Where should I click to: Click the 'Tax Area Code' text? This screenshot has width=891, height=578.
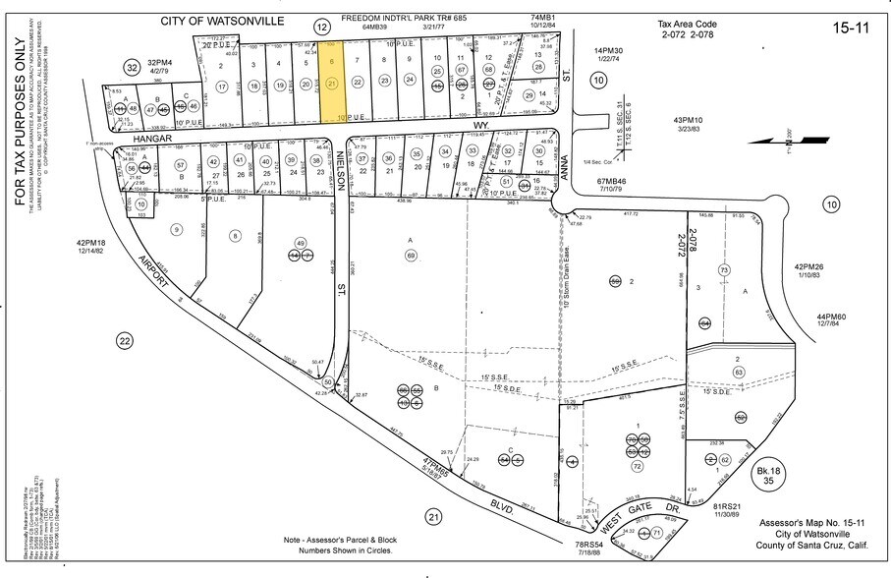pyautogui.click(x=690, y=22)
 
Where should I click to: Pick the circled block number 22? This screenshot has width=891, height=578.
pyautogui.click(x=124, y=340)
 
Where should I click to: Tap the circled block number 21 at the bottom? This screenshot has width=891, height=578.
pyautogui.click(x=433, y=516)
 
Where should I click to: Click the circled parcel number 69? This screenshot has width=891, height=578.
pyautogui.click(x=411, y=256)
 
